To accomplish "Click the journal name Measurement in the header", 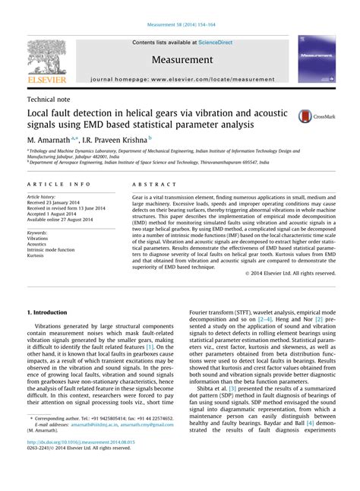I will (182, 59).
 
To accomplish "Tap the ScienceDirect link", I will (216, 42).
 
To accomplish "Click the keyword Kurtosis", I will (37, 256).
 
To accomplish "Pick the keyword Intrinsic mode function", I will (54, 250).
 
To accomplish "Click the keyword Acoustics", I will (38, 244).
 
